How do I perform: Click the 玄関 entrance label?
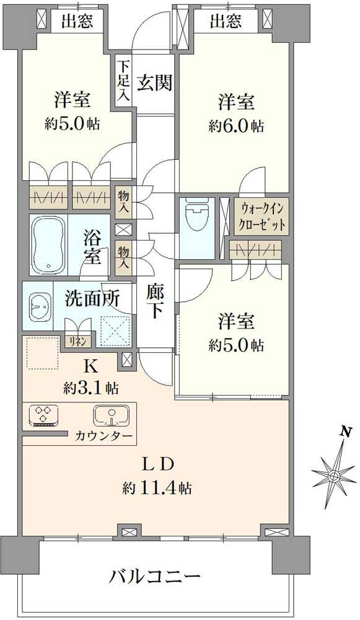(x=154, y=83)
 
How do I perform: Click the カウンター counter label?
(x=103, y=436)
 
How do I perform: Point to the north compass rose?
(x=333, y=476)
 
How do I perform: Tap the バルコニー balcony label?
(x=155, y=577)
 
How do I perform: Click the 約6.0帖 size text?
(x=236, y=126)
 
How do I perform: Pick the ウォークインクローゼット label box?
(x=260, y=215)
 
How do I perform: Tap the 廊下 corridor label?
(x=155, y=300)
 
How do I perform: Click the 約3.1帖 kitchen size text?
(x=91, y=389)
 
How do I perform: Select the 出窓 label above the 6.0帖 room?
(x=226, y=22)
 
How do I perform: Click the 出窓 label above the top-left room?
(x=77, y=22)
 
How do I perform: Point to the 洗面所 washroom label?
(x=92, y=298)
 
